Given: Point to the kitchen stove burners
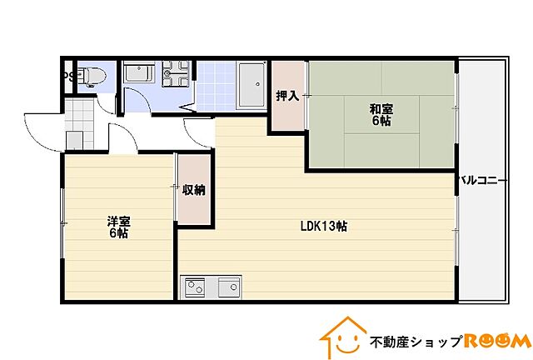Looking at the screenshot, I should point(194,288).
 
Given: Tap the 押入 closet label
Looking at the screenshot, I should point(287,96).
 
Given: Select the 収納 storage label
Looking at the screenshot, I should point(194,190).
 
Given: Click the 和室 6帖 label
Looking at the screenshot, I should point(381,115).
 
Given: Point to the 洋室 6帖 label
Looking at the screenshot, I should point(117,227).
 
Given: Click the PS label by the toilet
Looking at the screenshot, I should point(70,77).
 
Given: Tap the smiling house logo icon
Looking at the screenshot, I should point(341,337).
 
